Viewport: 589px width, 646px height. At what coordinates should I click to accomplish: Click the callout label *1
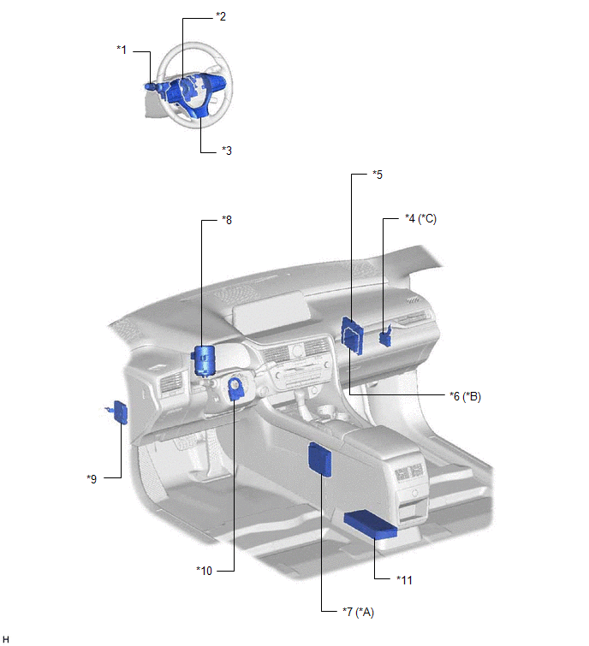(x=122, y=50)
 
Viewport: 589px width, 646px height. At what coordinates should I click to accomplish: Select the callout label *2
(x=221, y=16)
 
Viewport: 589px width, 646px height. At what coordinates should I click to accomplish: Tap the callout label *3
(x=227, y=151)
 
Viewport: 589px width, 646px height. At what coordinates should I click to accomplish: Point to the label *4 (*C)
(x=420, y=219)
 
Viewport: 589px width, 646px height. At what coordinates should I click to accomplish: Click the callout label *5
(x=378, y=175)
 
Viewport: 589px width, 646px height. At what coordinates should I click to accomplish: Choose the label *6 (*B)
(x=466, y=396)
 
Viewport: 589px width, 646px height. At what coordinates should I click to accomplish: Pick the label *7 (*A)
(x=358, y=613)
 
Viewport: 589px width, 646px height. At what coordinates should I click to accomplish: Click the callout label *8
(x=227, y=220)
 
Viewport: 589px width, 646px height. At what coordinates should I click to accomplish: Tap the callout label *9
(x=92, y=479)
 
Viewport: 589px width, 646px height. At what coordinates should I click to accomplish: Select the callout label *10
(x=204, y=571)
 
